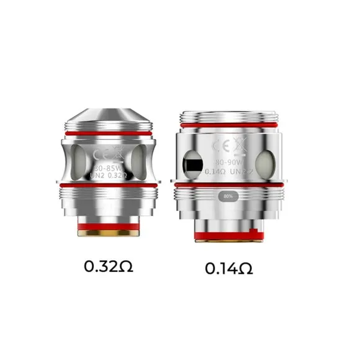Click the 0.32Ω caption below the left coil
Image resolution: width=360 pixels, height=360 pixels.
tap(109, 267)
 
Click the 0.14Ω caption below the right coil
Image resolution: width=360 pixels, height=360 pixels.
tap(228, 269)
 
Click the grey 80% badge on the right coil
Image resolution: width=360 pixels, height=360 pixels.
tap(228, 199)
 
